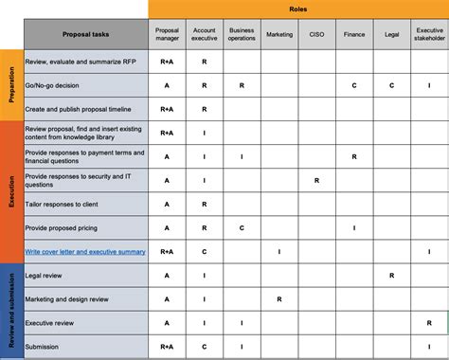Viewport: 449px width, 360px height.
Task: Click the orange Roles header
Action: click(x=297, y=9)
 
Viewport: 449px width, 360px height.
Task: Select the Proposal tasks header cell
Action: click(x=86, y=34)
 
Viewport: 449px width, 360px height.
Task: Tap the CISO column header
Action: click(x=316, y=34)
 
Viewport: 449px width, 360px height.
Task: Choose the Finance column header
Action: click(x=353, y=34)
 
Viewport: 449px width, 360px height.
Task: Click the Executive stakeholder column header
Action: click(x=429, y=34)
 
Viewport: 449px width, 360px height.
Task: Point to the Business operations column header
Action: click(x=242, y=34)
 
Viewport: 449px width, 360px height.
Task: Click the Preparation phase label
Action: click(x=10, y=85)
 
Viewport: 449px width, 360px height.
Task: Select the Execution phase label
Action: click(x=10, y=191)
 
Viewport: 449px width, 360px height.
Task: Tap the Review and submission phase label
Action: click(x=10, y=311)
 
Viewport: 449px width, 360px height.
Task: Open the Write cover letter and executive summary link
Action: click(x=85, y=251)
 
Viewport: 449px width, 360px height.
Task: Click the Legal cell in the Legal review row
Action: click(x=391, y=276)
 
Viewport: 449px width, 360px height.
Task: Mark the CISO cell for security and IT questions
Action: click(x=316, y=180)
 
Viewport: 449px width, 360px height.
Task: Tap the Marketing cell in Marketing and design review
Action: click(x=278, y=299)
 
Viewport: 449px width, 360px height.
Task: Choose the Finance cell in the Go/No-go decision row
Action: click(x=353, y=85)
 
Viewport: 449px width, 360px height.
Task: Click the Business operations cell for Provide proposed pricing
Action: click(x=242, y=227)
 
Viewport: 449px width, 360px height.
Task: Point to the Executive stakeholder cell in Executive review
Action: click(x=429, y=323)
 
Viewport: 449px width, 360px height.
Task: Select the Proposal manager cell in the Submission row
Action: click(x=167, y=347)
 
